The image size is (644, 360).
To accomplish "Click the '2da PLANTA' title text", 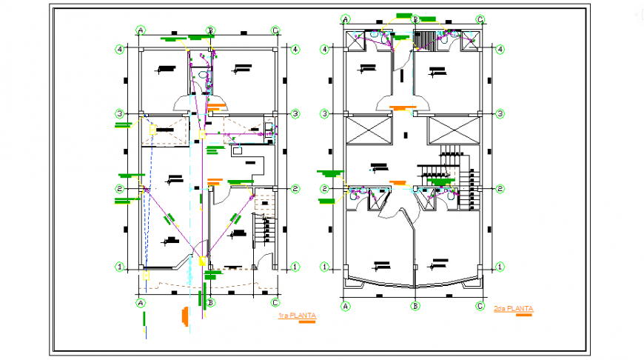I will tap(513, 308).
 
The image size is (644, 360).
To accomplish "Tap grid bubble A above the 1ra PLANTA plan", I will tap(140, 30).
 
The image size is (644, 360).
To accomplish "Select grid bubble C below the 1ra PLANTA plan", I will tap(275, 302).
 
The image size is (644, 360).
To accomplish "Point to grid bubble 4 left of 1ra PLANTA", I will tap(118, 50).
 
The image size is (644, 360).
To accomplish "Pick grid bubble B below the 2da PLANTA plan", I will tap(416, 304).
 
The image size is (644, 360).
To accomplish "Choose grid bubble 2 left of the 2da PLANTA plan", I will tap(324, 189).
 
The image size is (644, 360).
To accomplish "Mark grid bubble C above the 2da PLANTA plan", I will tap(480, 19).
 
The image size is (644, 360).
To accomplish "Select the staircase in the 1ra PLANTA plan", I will tap(264, 230).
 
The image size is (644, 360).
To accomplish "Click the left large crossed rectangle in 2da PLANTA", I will tap(367, 131).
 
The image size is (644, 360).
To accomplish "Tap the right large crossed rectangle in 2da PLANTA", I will tap(454, 131).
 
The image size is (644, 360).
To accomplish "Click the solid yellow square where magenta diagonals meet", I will tap(201, 260).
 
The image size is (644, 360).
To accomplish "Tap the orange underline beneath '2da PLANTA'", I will tap(524, 315).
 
